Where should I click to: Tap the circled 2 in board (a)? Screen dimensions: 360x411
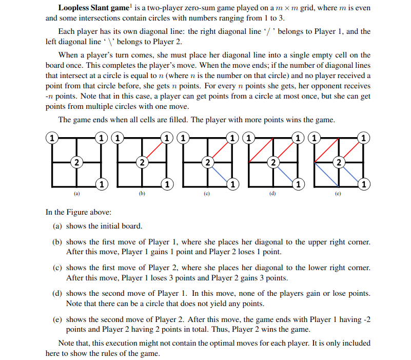pos(76,162)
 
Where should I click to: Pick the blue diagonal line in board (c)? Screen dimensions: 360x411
pos(219,173)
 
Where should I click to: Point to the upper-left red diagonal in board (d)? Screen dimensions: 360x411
pos(261,149)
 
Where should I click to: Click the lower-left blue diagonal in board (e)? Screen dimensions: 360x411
pos(326,173)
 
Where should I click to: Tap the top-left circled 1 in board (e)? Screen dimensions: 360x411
pos(314,138)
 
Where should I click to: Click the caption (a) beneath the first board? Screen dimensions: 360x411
pos(76,194)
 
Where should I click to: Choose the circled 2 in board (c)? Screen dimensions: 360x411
pos(207,162)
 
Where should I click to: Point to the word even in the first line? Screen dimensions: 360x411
pos(362,9)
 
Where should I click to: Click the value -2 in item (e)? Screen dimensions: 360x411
pos(366,319)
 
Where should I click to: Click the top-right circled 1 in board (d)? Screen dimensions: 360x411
pos(298,138)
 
